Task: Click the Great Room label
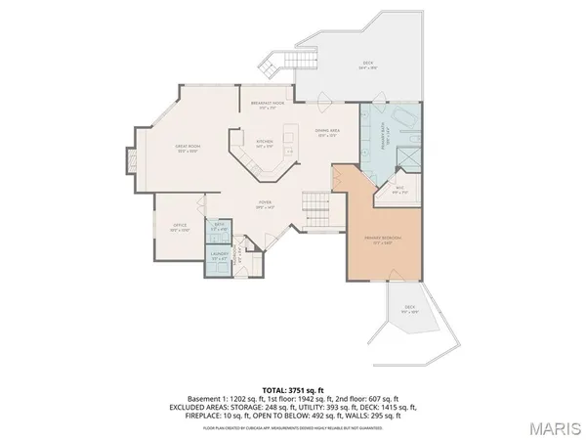(x=187, y=149)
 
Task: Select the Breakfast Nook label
(x=267, y=105)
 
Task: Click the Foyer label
(x=264, y=206)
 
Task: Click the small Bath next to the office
(x=219, y=230)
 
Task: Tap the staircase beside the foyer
(x=315, y=207)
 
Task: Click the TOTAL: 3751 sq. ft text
(x=293, y=388)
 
